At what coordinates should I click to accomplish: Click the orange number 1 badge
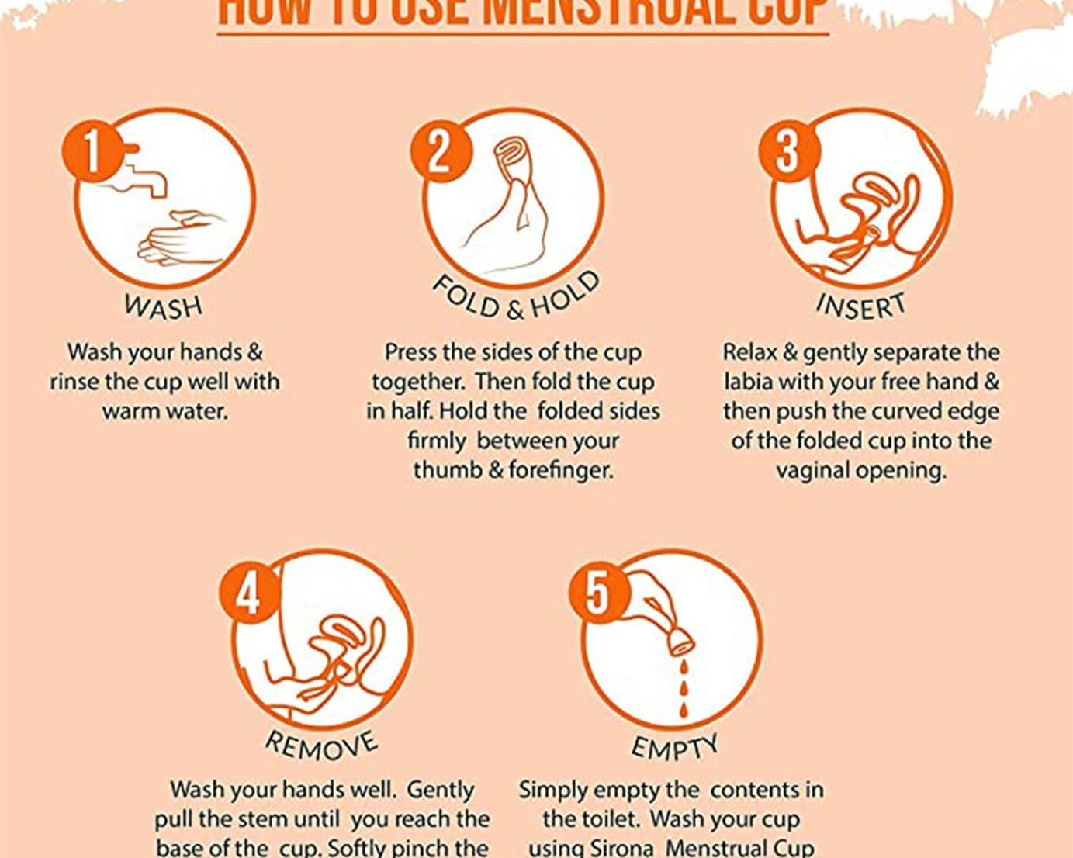coord(92,151)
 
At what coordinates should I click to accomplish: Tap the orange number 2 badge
coord(440,151)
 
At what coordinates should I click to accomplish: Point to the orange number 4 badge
coord(248,596)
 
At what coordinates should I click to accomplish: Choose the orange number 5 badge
coord(598,594)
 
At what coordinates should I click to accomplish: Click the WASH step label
coord(164,306)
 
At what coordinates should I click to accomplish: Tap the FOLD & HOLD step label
coord(515,299)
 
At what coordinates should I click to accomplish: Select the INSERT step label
coord(860,306)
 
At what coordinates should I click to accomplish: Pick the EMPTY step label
coord(673,747)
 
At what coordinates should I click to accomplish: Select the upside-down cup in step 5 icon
coord(680,640)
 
